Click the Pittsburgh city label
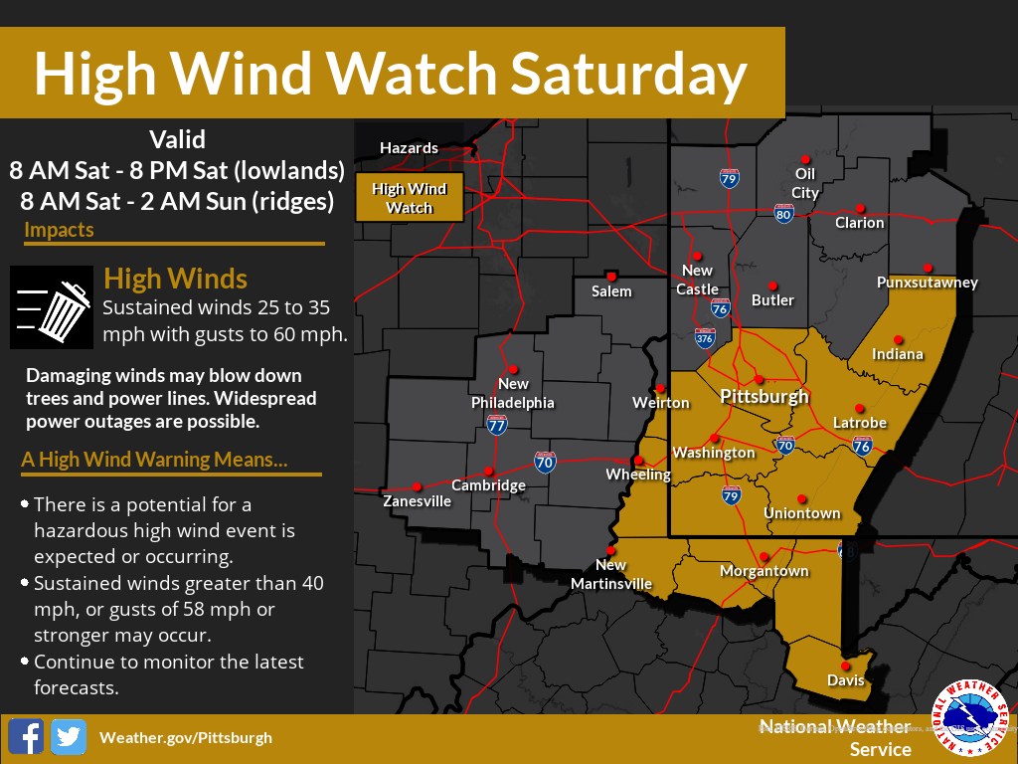(x=763, y=396)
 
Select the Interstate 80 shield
(x=783, y=213)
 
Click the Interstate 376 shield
(x=705, y=338)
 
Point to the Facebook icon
(x=26, y=737)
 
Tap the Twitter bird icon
(x=69, y=737)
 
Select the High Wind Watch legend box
(x=409, y=198)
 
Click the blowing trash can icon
(x=51, y=306)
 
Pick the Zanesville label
(x=417, y=501)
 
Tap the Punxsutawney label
(x=927, y=283)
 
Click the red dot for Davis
(x=845, y=666)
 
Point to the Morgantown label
(x=764, y=571)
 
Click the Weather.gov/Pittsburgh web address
(x=185, y=737)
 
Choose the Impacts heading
(x=60, y=230)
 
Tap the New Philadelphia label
(x=513, y=393)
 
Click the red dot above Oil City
(x=805, y=159)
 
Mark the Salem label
(x=611, y=291)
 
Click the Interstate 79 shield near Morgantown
(x=731, y=495)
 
